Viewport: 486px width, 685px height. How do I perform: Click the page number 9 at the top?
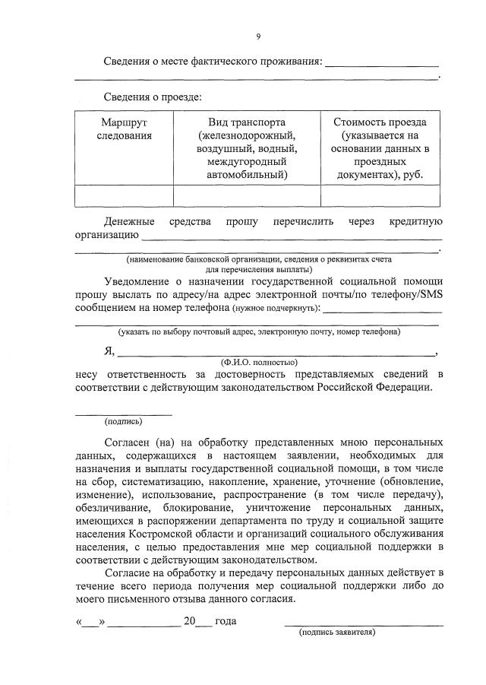point(258,35)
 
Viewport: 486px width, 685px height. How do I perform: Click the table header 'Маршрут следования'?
point(124,128)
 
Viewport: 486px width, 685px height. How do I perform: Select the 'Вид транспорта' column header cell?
point(247,148)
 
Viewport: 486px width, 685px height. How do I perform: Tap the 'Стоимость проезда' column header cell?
point(380,148)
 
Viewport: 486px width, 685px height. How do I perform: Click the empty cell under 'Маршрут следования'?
point(124,196)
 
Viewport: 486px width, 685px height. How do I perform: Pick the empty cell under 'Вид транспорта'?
point(247,196)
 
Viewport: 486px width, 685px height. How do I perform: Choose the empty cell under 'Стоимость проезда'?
point(380,196)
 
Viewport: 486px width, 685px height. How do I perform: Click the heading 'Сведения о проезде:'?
point(153,97)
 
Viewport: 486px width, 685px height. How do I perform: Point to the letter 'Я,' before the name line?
point(109,350)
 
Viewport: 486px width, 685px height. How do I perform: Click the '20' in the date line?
point(190,621)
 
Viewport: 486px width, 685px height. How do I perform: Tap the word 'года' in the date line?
point(226,621)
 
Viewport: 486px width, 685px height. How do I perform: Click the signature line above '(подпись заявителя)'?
point(364,625)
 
